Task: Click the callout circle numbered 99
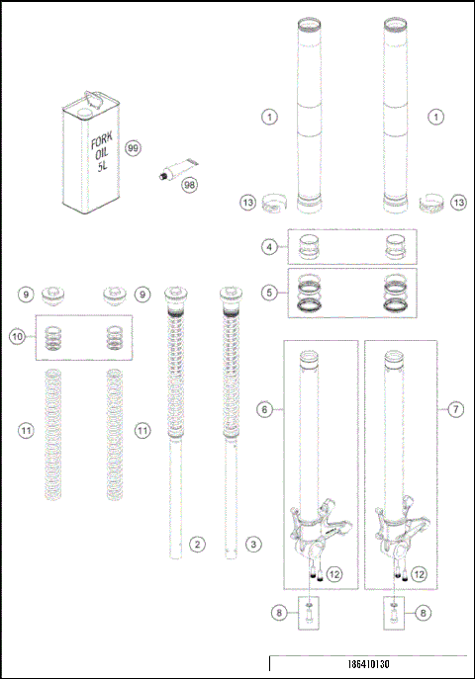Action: pyautogui.click(x=134, y=147)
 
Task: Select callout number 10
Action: pyautogui.click(x=17, y=336)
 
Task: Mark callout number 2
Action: pyautogui.click(x=198, y=544)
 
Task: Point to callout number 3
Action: pyautogui.click(x=253, y=544)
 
